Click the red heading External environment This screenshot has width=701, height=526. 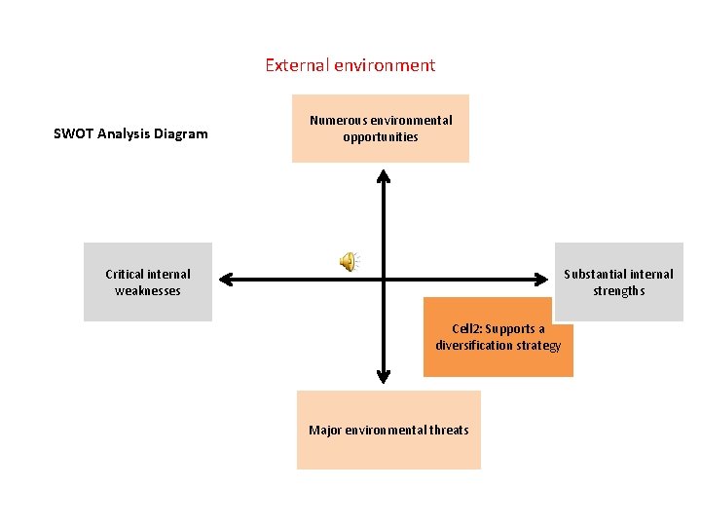pos(350,65)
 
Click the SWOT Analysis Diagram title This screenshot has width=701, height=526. pos(130,133)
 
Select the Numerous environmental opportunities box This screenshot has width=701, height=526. pos(381,129)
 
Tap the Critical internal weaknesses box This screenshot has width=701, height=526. pos(148,282)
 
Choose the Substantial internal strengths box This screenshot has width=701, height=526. pos(619,282)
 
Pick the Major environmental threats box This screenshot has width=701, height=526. pos(388,430)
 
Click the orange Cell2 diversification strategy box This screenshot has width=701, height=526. pos(498,337)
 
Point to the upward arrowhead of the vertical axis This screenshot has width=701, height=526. pos(384,176)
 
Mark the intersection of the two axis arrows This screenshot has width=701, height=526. pos(384,281)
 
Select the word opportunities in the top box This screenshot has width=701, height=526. pos(381,137)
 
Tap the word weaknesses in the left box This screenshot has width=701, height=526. pos(148,290)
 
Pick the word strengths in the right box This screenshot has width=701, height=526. pos(619,290)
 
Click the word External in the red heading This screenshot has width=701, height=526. pos(297,65)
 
